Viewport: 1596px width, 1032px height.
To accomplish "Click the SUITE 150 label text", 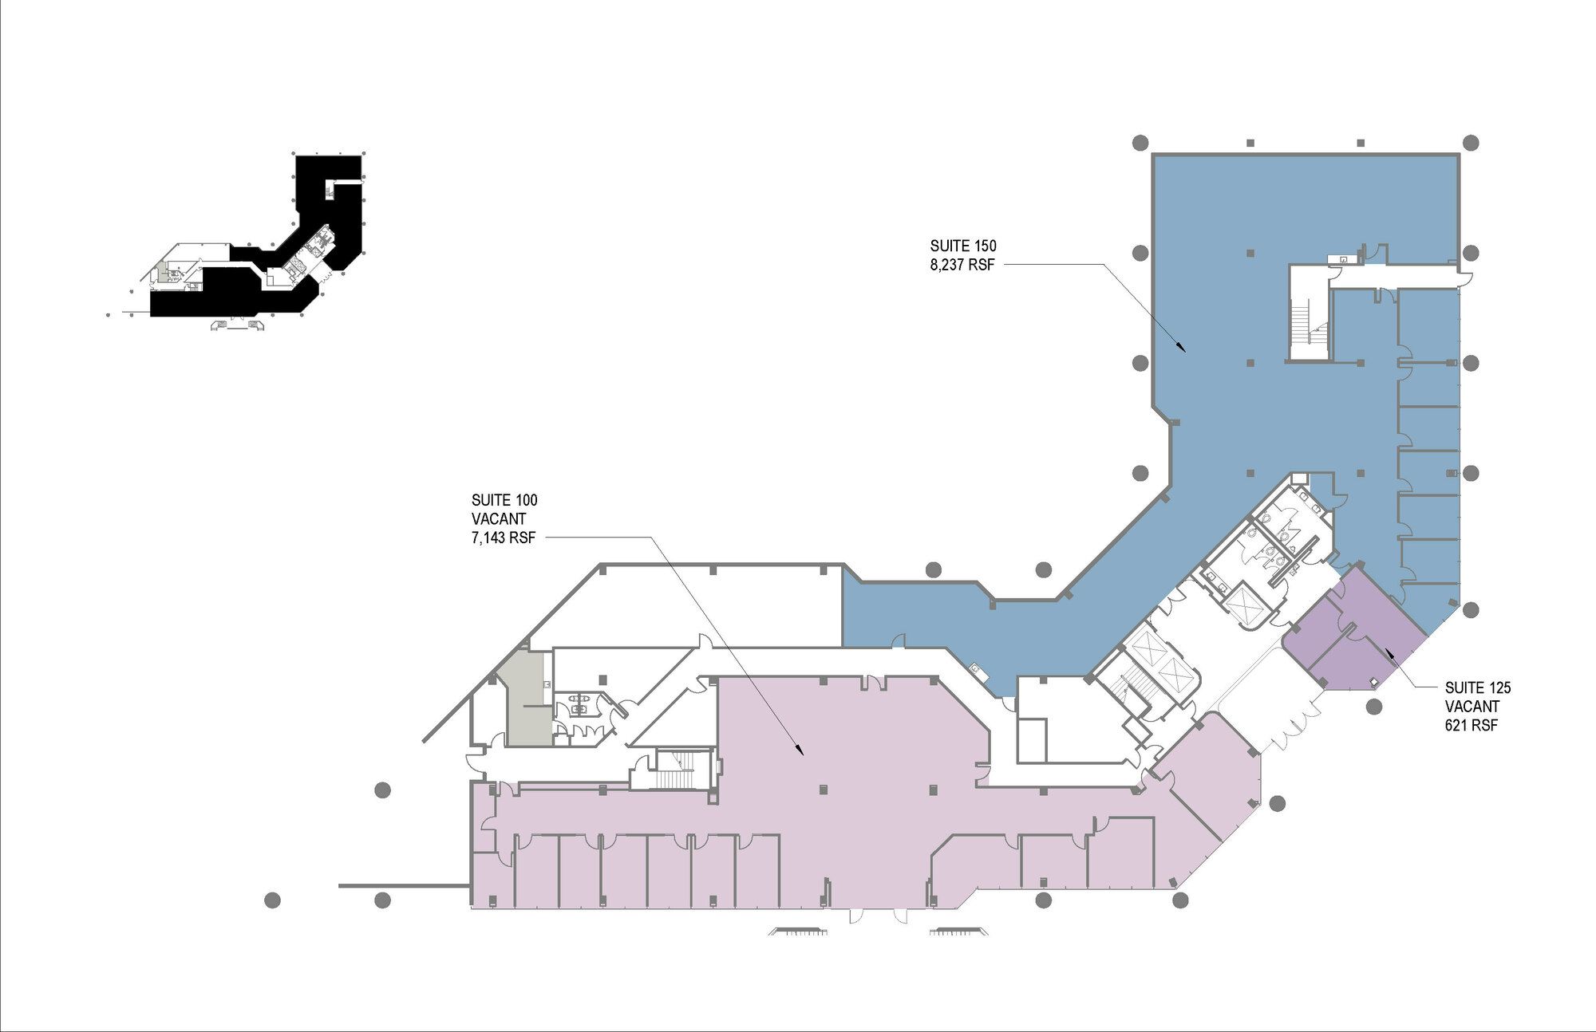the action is pos(963,246).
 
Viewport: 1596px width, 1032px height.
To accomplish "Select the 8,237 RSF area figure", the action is pos(962,266).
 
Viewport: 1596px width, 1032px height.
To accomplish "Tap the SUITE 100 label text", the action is pos(504,500).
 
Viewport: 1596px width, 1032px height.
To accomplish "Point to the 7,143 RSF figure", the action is pos(504,538).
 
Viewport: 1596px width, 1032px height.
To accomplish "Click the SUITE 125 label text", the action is pos(1478,687).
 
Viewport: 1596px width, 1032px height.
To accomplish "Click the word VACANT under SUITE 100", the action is pos(499,519).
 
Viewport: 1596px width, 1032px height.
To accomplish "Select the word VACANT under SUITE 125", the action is pos(1472,707).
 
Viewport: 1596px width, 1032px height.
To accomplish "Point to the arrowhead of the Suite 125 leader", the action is pos(1389,652).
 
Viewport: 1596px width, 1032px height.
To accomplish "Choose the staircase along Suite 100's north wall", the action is pos(674,770).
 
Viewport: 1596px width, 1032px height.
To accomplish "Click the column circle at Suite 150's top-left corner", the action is pos(1140,143).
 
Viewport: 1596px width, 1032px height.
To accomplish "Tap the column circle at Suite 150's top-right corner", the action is pos(1472,143).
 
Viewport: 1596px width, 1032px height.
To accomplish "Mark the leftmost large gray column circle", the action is pos(272,900).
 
